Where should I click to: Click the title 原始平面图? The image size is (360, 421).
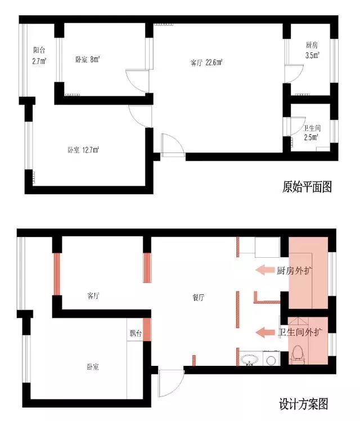307,187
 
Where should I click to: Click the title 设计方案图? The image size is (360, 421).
304,404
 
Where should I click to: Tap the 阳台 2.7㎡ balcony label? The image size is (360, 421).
39,56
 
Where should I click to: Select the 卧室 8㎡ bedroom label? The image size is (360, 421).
88,59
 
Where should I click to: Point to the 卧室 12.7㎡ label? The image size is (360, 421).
83,150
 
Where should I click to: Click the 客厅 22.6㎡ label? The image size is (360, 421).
206,63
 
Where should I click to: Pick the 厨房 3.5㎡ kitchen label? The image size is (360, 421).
312,50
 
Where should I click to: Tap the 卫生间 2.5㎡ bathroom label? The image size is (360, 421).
312,133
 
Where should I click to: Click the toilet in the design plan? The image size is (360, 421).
297,355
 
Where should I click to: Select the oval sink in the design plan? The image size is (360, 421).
250,360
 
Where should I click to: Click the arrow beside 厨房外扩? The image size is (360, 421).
264,270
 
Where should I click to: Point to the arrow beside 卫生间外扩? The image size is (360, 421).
265,333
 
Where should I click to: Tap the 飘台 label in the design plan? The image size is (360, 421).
135,333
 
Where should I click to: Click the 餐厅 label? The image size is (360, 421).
199,298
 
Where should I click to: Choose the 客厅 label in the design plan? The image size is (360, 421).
93,296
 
